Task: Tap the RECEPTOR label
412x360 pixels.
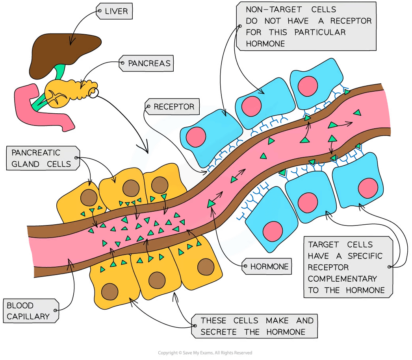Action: [174, 107]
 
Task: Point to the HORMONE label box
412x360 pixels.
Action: [269, 267]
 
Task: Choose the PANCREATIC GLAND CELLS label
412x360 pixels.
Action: [41, 158]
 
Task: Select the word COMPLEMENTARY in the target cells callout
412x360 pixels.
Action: [342, 279]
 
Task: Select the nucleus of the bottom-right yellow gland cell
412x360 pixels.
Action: [206, 267]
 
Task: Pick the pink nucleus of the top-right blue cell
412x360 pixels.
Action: [306, 85]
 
